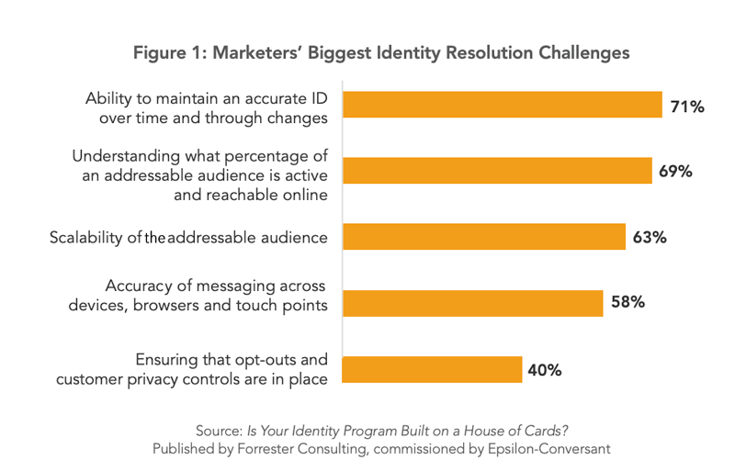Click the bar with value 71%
[x=502, y=105]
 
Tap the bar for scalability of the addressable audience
[x=483, y=237]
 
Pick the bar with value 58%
[x=472, y=303]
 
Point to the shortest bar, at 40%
[x=432, y=369]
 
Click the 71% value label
[x=687, y=107]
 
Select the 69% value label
[x=674, y=172]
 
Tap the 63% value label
[x=650, y=238]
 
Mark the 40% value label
[x=545, y=371]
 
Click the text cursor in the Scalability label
[x=147, y=239]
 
